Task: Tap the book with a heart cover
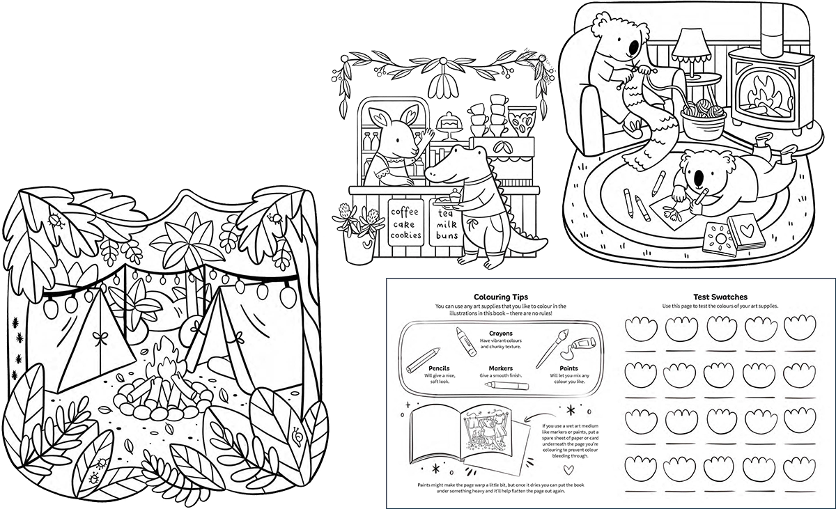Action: pos(746,232)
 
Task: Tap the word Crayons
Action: pos(501,334)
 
